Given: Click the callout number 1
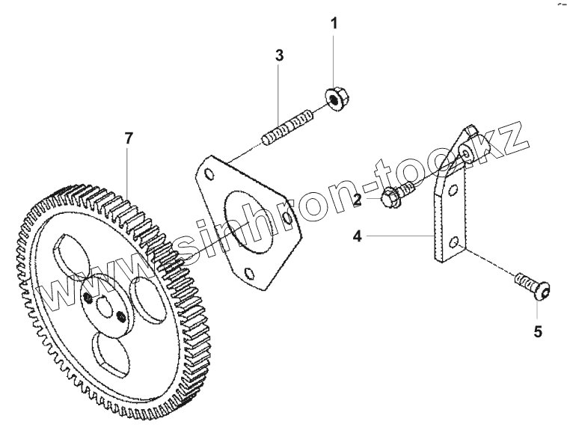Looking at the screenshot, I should pos(334,23).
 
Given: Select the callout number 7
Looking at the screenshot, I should pos(129,138).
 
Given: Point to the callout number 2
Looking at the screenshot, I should pos(358,199).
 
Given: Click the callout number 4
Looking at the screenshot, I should pos(358,236).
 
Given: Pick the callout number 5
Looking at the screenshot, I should pos(537,329).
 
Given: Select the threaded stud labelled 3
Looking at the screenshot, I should pos(288,128).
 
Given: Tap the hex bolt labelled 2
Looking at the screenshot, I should pos(392,198).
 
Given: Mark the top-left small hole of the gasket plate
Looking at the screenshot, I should pos(209,174).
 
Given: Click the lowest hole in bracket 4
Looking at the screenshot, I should pos(456,242).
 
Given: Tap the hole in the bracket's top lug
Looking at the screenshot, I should pos(465,153).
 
